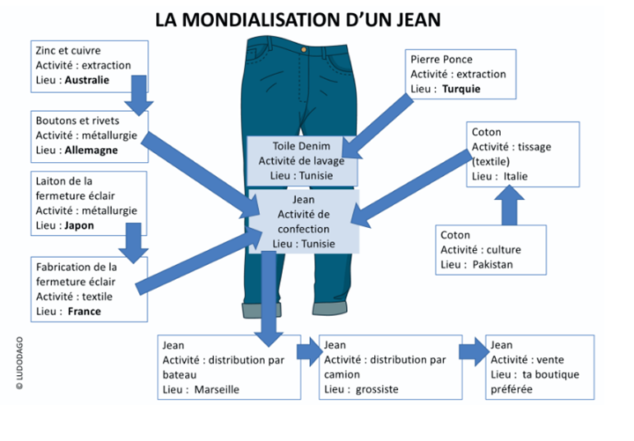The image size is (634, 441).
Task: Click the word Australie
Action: point(86,80)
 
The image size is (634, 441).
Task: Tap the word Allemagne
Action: point(90,151)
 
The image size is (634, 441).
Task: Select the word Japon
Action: point(79,225)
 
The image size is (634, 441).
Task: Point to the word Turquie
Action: point(460,89)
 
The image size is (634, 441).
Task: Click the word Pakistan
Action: point(493,264)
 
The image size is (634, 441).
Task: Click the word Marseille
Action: point(216,389)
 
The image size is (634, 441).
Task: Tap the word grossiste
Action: point(377,389)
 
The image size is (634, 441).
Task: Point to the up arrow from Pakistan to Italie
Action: point(509,205)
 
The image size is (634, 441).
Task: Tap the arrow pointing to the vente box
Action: point(472,352)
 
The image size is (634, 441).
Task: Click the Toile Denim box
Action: point(302,161)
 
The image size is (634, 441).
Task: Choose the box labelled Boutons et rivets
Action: point(88,136)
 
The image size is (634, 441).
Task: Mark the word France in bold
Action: point(84,312)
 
